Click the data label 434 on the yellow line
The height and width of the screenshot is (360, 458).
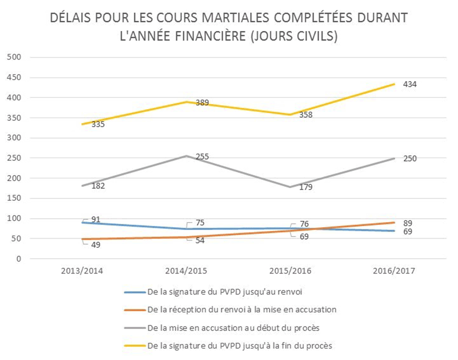pyautogui.click(x=410, y=85)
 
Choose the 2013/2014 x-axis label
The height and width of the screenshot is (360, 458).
pyautogui.click(x=82, y=271)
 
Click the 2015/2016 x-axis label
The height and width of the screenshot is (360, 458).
pyautogui.click(x=290, y=271)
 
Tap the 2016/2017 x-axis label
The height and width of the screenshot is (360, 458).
pyautogui.click(x=394, y=271)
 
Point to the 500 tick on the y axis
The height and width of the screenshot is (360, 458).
pyautogui.click(x=14, y=57)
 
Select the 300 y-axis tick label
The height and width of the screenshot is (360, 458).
pyautogui.click(x=14, y=138)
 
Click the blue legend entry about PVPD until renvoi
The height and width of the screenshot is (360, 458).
pyautogui.click(x=224, y=292)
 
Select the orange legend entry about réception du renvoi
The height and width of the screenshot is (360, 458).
pyautogui.click(x=241, y=310)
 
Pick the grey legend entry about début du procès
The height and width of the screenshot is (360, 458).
pyautogui.click(x=233, y=328)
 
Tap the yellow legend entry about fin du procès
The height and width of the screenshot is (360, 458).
pyautogui.click(x=239, y=346)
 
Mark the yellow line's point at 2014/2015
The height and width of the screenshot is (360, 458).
pyautogui.click(x=186, y=102)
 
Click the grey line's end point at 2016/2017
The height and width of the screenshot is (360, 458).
pyautogui.click(x=394, y=159)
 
